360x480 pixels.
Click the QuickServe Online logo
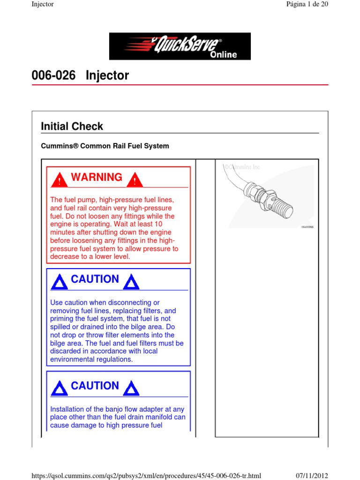click(180, 46)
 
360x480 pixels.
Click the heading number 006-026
click(53, 75)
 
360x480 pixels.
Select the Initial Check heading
click(72, 126)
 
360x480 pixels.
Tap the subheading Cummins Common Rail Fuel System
click(105, 146)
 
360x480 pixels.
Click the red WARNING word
click(96, 177)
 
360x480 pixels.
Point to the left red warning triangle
click(59, 180)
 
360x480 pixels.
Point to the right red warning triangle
click(135, 180)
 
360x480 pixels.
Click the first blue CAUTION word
click(95, 279)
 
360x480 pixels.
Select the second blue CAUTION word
click(95, 386)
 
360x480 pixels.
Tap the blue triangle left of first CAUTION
click(59, 282)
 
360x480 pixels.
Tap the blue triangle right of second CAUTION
click(131, 389)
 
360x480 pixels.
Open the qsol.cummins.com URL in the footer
click(146, 475)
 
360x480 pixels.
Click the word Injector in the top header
click(43, 4)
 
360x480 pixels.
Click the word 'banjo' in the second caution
click(120, 409)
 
